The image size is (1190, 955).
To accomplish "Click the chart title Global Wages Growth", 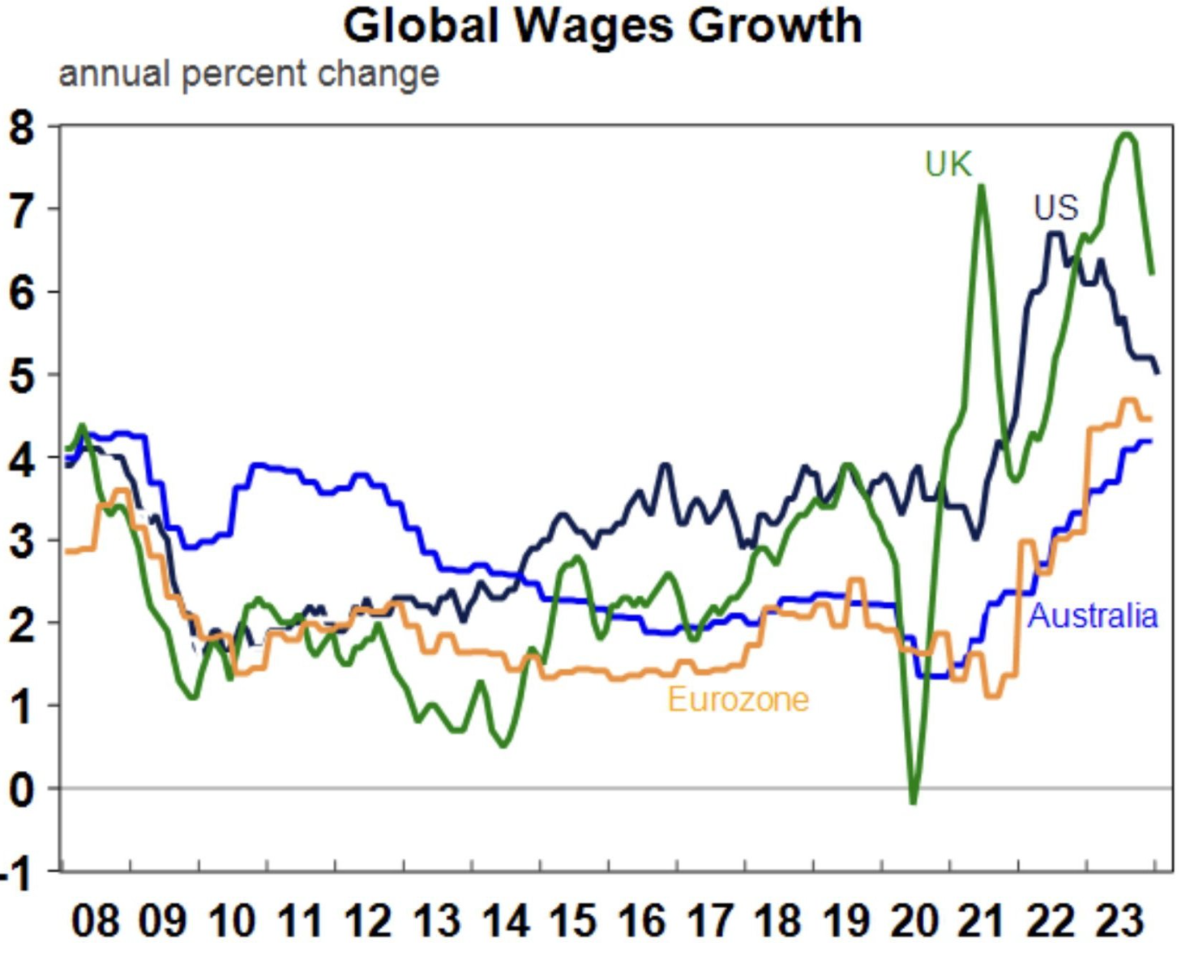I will (602, 26).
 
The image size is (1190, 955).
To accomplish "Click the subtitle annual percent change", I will (249, 75).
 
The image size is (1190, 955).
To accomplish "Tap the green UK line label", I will (948, 165).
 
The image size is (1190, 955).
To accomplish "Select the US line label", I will (1055, 208).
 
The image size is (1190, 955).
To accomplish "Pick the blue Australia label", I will (1092, 616).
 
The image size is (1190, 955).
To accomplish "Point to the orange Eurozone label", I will (738, 699).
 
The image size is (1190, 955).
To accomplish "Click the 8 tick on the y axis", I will (23, 128).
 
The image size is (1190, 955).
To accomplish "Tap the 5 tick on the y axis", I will (23, 376).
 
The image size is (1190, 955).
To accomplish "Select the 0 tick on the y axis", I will (23, 789).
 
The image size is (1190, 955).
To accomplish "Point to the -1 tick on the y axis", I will (18, 874).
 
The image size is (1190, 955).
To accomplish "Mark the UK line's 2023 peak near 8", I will (1127, 135).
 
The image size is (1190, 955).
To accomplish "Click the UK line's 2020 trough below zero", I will (914, 803).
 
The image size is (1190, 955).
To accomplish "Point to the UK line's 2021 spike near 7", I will (982, 187).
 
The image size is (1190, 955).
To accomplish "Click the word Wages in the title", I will (593, 26).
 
